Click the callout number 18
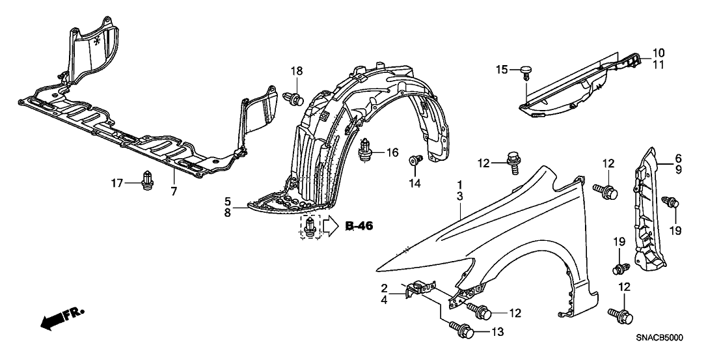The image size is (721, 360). coord(297,71)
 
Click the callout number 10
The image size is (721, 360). coord(658,52)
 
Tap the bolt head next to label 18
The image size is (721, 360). coord(295,99)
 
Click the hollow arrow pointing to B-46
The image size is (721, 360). coord(331,226)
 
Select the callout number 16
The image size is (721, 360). coord(391,152)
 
